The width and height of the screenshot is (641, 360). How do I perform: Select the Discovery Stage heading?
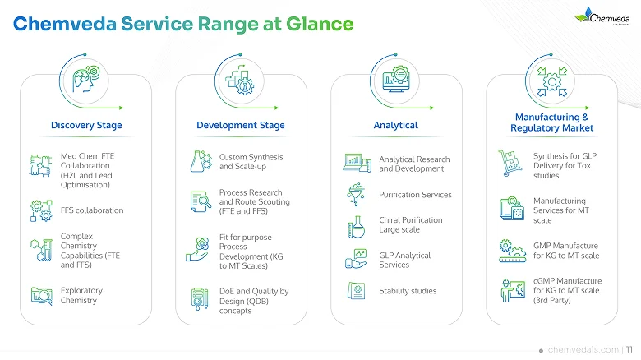pyautogui.click(x=86, y=125)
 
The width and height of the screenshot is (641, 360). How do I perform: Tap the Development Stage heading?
pyautogui.click(x=241, y=125)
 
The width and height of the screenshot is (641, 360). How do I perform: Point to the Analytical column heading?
pyautogui.click(x=395, y=125)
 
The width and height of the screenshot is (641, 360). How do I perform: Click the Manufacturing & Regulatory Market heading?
pyautogui.click(x=551, y=122)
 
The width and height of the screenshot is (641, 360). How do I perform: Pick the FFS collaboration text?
pyautogui.click(x=92, y=210)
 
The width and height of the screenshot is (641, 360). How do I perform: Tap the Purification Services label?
pyautogui.click(x=415, y=195)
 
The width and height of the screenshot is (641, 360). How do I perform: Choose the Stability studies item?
pyautogui.click(x=408, y=290)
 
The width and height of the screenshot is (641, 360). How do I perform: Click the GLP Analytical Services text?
pyautogui.click(x=405, y=260)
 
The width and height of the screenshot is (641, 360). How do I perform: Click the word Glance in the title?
pyautogui.click(x=318, y=25)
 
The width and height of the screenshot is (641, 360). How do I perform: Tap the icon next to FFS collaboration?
pyautogui.click(x=39, y=210)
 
